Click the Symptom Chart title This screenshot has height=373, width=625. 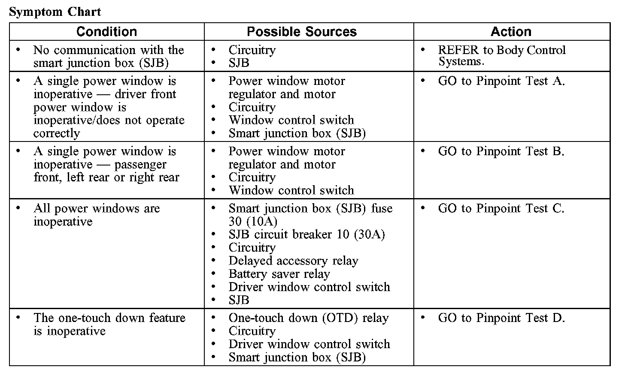tap(55, 12)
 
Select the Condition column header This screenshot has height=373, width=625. tap(106, 32)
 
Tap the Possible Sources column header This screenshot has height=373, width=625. tap(302, 32)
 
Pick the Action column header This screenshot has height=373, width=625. tap(511, 32)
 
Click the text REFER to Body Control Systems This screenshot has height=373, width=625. tap(501, 56)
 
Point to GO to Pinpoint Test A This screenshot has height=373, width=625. tap(501, 81)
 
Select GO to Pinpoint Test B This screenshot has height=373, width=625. tap(501, 151)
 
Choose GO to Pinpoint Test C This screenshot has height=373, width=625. tap(501, 209)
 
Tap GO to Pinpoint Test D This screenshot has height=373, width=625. tap(501, 318)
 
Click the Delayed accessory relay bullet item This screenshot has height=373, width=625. tap(293, 261)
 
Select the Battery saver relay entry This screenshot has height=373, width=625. tap(279, 274)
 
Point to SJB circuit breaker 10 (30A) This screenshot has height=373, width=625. tap(306, 235)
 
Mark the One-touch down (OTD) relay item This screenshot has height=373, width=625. tap(308, 318)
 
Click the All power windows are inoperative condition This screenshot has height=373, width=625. tap(96, 215)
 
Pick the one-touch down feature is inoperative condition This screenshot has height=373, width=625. tap(109, 324)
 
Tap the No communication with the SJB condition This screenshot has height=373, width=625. tap(108, 56)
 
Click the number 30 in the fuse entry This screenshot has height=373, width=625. tap(235, 222)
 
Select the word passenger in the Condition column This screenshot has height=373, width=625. tap(140, 165)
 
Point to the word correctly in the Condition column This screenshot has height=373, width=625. tap(56, 133)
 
